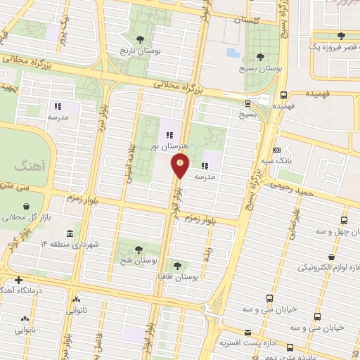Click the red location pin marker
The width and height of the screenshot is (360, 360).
(181, 166)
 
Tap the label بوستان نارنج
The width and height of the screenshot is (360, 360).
(139, 52)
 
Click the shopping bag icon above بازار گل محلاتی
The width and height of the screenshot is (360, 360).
(27, 206)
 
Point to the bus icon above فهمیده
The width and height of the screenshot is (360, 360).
(283, 95)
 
